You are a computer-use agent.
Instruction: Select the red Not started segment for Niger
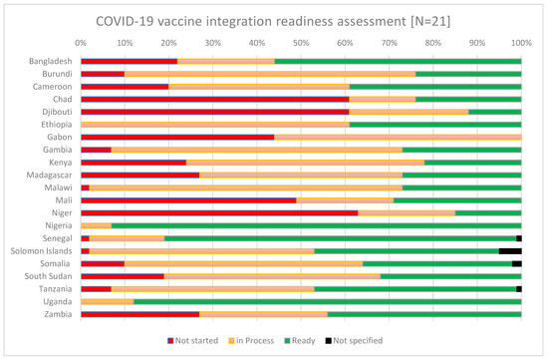click(x=219, y=212)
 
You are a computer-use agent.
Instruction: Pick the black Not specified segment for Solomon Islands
click(x=510, y=250)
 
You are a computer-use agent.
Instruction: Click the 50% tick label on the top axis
click(x=301, y=43)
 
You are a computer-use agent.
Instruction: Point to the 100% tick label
click(x=520, y=43)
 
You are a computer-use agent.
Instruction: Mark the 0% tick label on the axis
click(x=81, y=43)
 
